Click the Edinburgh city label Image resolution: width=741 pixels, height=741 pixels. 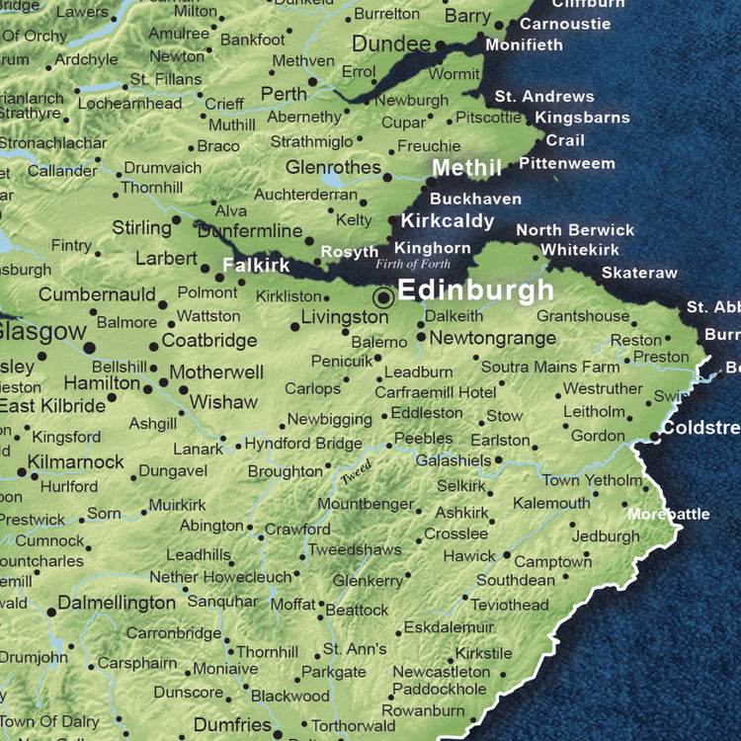click(x=475, y=291)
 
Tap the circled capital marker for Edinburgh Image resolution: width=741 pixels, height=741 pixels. click(x=383, y=297)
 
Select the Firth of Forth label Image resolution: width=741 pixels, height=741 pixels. click(x=412, y=265)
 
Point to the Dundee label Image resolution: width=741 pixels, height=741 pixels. click(x=391, y=44)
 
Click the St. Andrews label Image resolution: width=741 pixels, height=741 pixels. click(x=544, y=97)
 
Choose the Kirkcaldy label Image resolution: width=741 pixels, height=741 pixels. click(x=447, y=221)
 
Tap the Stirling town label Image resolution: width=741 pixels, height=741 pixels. click(x=141, y=228)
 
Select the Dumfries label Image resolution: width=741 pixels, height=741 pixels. click(x=232, y=726)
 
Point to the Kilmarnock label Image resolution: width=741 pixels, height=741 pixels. click(x=76, y=462)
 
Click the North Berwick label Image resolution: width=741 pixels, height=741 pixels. click(x=575, y=230)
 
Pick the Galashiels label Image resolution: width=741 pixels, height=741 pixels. click(x=453, y=460)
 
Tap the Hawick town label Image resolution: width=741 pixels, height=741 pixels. click(x=469, y=556)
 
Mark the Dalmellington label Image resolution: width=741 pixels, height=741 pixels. click(x=117, y=603)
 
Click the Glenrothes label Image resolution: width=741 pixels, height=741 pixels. click(x=333, y=167)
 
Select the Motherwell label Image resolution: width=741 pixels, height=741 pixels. click(x=216, y=372)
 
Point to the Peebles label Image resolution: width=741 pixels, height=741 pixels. click(x=423, y=439)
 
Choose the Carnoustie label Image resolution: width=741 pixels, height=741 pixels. click(x=565, y=24)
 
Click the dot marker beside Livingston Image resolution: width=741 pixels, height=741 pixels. click(x=294, y=326)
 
